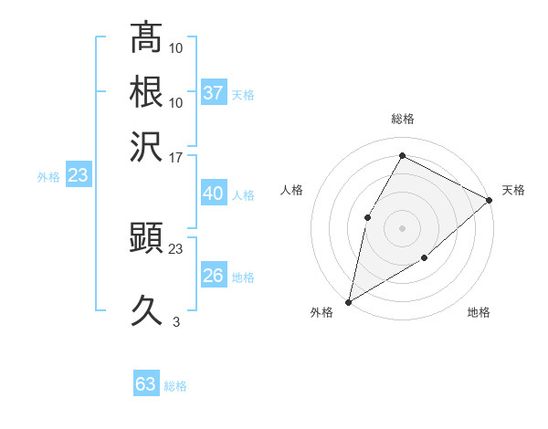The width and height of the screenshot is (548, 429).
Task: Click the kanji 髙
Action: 146,38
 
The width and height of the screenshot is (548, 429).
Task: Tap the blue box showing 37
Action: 214,93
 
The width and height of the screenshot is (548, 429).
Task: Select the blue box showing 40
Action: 213,194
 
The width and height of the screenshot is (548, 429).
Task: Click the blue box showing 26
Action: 214,276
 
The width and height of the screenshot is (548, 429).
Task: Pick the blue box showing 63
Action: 146,384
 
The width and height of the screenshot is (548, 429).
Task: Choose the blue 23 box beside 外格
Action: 78,175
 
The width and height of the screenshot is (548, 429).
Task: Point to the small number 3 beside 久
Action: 175,322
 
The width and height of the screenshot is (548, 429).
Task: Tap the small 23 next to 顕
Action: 175,247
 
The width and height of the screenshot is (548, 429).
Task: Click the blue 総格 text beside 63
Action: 175,386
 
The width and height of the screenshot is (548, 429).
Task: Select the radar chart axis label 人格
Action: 291,190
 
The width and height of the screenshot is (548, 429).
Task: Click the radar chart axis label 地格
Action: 479,312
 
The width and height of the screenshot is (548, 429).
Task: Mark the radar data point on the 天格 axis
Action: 490,201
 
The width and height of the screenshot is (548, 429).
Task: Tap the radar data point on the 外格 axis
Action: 348,301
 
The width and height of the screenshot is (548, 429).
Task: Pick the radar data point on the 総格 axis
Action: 402,156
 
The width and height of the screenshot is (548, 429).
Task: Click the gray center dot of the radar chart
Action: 402,227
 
